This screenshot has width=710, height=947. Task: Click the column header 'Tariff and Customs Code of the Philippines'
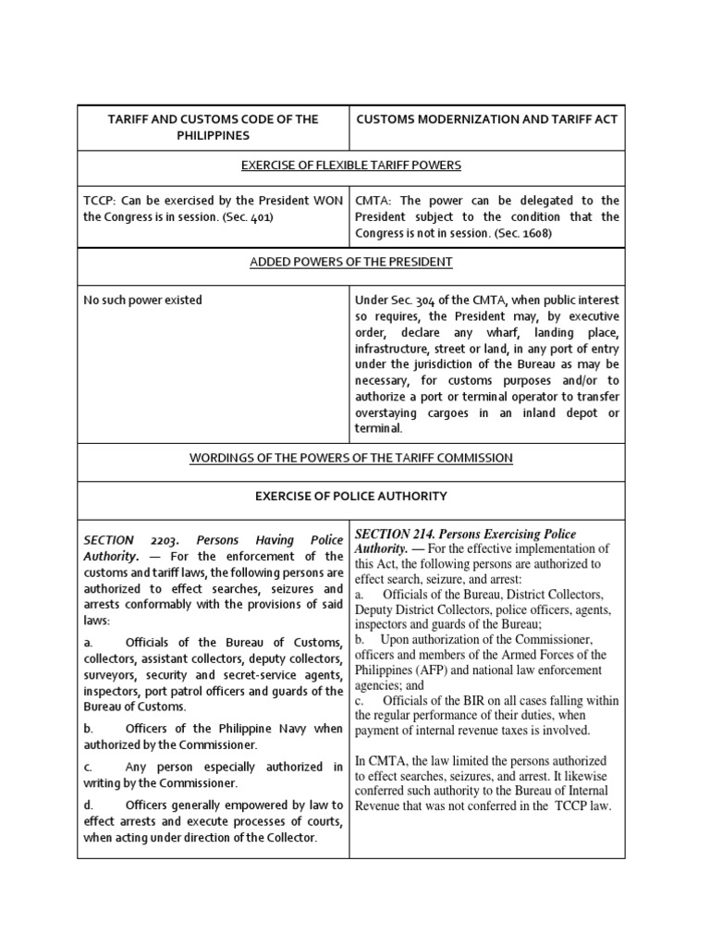pyautogui.click(x=213, y=127)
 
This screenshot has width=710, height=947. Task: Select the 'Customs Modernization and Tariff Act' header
pyautogui.click(x=486, y=118)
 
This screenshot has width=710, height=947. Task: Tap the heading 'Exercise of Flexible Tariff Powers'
pyautogui.click(x=350, y=166)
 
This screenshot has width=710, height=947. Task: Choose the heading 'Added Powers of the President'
pyautogui.click(x=350, y=262)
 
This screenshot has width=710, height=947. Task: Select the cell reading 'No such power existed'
pyautogui.click(x=143, y=300)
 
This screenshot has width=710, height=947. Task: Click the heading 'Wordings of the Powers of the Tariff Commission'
pyautogui.click(x=350, y=458)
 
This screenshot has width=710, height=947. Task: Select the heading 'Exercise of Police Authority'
pyautogui.click(x=350, y=496)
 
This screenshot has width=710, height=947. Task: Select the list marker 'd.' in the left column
pyautogui.click(x=89, y=805)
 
